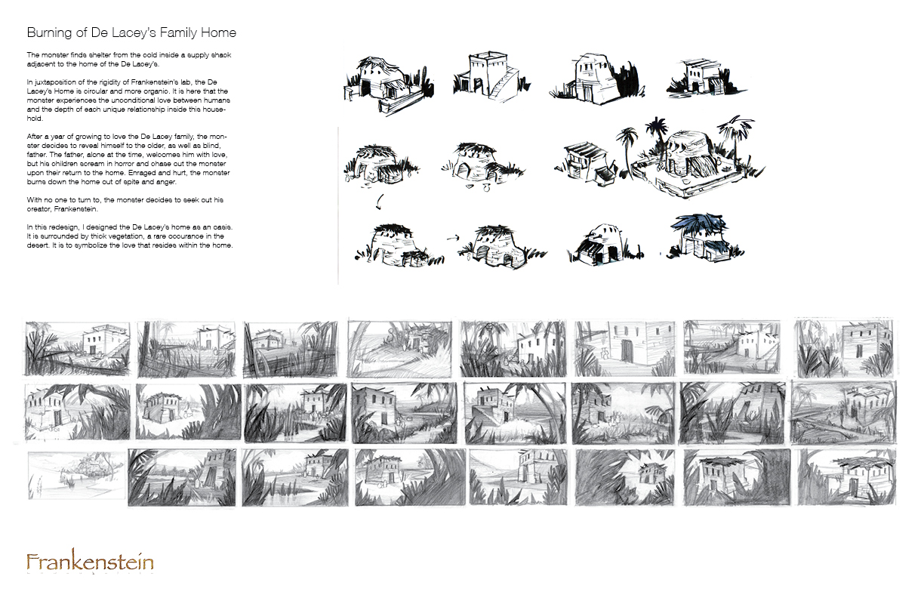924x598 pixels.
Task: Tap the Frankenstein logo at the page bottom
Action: (x=90, y=563)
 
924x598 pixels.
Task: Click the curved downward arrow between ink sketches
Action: (x=379, y=202)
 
